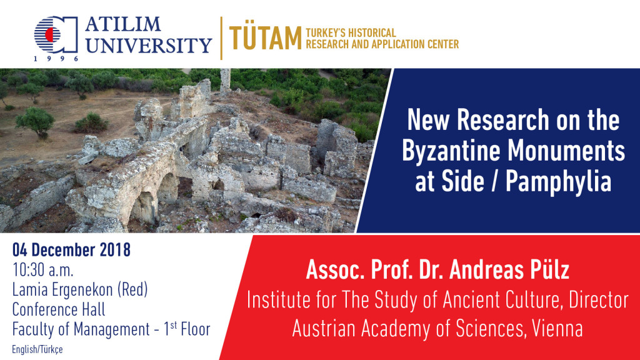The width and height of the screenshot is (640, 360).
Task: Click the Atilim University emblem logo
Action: tap(56, 34)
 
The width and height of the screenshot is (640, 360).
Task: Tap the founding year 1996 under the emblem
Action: tap(56, 59)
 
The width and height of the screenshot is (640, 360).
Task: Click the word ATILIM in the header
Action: tap(123, 24)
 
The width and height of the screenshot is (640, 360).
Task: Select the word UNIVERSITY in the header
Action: tap(149, 45)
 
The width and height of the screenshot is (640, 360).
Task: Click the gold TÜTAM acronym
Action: tap(265, 38)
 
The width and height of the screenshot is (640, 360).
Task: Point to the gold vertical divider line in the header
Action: tap(222, 38)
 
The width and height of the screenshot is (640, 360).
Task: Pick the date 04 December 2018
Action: tap(71, 249)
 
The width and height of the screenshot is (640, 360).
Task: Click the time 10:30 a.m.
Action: tap(43, 270)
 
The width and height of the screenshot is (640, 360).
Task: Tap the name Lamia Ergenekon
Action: tap(62, 290)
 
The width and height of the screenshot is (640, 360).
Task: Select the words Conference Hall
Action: tap(59, 309)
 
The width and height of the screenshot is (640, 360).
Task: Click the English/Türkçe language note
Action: tap(37, 350)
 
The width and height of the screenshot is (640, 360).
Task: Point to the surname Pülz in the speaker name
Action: tap(547, 270)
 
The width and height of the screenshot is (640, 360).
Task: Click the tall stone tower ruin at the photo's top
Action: tap(225, 81)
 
